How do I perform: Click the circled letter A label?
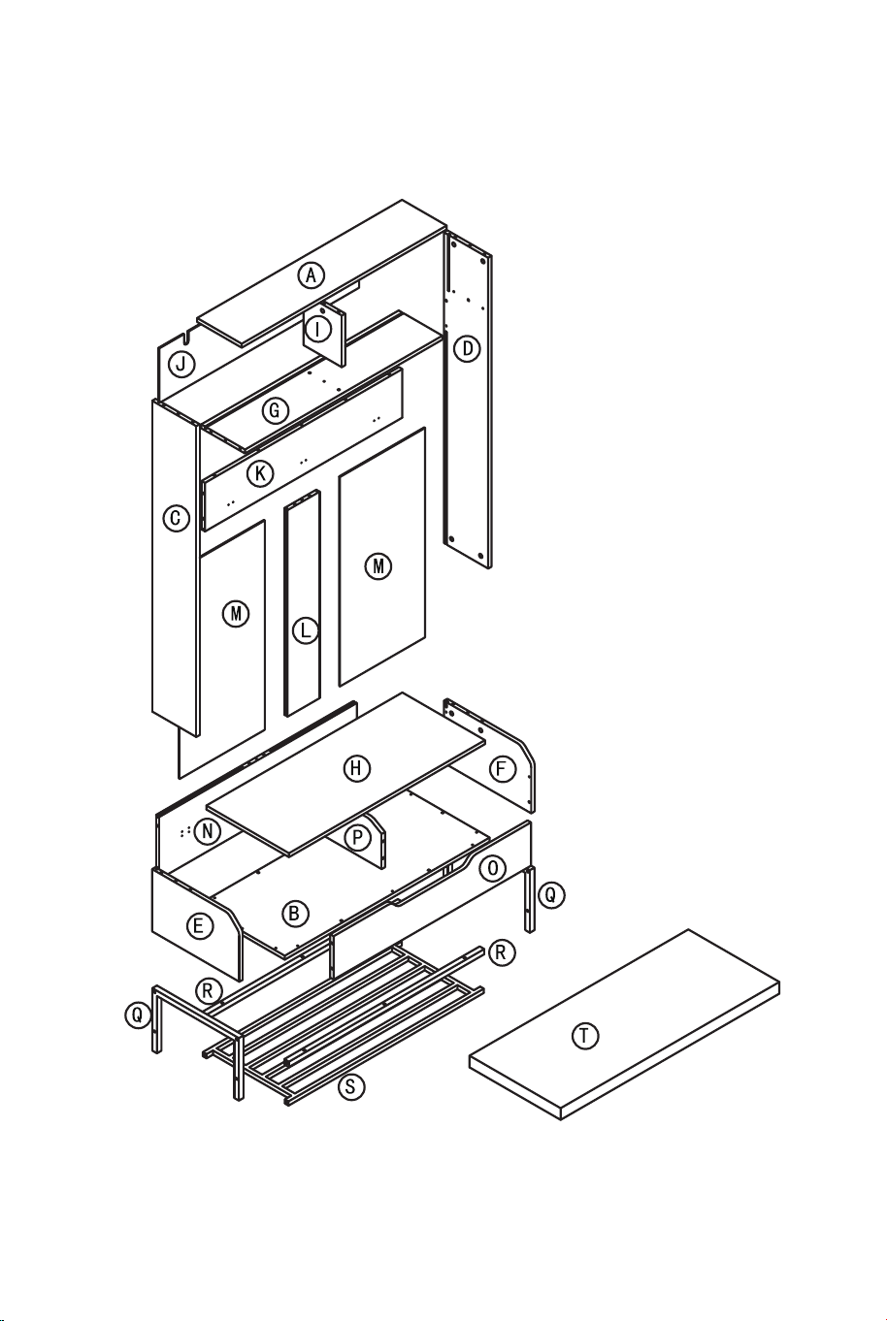tap(311, 275)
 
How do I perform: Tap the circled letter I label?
tap(318, 329)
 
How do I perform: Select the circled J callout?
tap(181, 364)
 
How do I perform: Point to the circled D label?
tap(467, 349)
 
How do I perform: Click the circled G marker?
tap(275, 410)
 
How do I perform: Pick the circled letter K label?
tap(260, 473)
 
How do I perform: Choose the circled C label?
tap(176, 518)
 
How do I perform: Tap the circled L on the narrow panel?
tap(305, 631)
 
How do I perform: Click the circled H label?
tap(356, 768)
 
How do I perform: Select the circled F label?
tap(503, 769)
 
